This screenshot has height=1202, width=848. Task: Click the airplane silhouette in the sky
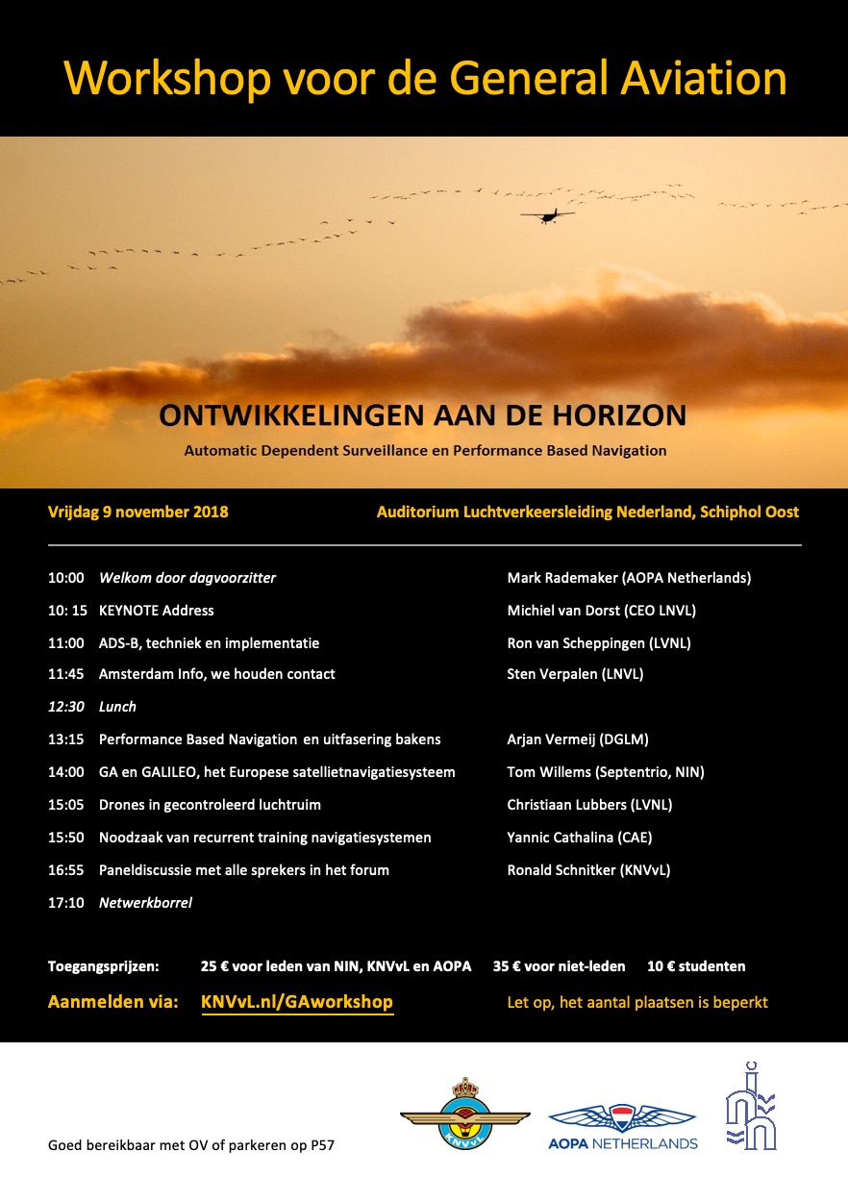pyautogui.click(x=547, y=215)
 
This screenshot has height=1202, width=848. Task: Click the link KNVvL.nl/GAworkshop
pyautogui.click(x=297, y=1002)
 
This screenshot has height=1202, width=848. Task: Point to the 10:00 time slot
pyautogui.click(x=65, y=578)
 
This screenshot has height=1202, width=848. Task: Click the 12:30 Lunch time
pyautogui.click(x=65, y=707)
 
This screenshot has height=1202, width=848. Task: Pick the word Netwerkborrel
pyautogui.click(x=145, y=903)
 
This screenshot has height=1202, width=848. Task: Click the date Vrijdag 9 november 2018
pyautogui.click(x=138, y=512)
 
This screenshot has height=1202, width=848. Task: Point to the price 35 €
pyautogui.click(x=506, y=966)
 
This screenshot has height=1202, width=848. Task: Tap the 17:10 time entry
pyautogui.click(x=65, y=903)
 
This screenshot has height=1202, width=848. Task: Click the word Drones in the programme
pyautogui.click(x=122, y=805)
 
